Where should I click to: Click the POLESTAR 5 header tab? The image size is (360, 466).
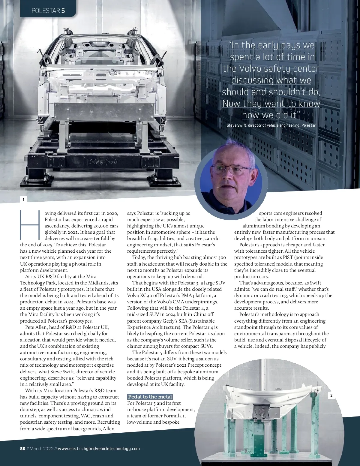point(48,11)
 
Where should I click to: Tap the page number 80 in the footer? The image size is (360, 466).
point(22,449)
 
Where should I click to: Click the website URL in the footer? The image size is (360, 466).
point(99,449)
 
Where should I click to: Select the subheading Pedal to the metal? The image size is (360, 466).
point(150,397)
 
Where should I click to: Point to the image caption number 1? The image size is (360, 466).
point(23,200)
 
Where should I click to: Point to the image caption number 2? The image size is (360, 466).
point(331,395)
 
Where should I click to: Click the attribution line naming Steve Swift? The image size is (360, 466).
point(271,125)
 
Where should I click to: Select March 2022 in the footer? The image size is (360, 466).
point(41,449)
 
